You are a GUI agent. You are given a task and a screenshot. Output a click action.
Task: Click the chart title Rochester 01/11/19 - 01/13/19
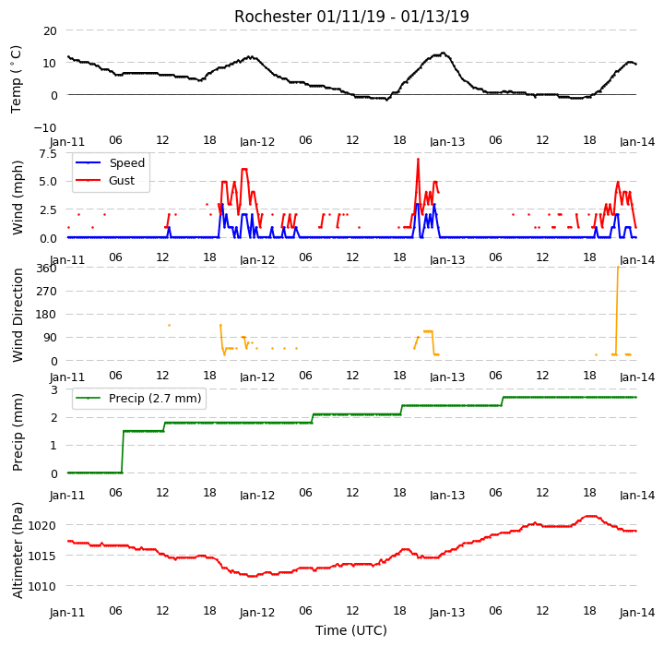tap(351, 17)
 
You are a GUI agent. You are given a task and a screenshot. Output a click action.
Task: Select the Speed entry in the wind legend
tap(127, 162)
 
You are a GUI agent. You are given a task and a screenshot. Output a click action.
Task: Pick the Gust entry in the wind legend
tap(122, 181)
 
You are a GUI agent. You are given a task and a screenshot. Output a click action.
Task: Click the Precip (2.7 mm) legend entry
tap(155, 399)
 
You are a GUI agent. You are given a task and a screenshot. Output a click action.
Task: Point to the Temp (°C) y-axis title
tap(16, 79)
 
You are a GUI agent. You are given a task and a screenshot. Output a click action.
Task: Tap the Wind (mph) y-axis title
tap(18, 197)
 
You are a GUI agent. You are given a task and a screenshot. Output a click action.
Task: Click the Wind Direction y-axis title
tap(18, 315)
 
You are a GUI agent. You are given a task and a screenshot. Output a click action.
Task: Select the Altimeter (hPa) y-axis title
tap(18, 550)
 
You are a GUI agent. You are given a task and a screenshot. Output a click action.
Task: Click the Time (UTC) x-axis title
tap(351, 630)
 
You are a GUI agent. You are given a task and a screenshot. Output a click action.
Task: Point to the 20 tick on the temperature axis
tap(50, 31)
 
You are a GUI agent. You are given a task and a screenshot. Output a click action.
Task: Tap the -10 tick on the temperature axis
tap(45, 127)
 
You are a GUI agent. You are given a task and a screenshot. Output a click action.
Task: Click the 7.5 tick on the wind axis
tap(48, 153)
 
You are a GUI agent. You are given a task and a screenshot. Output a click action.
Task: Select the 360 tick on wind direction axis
tap(47, 269)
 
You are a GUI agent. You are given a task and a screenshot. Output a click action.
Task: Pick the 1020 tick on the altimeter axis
tap(41, 526)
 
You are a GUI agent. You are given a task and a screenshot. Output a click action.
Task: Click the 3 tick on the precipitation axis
tap(54, 389)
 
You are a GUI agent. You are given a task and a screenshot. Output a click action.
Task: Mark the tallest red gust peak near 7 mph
tap(418, 160)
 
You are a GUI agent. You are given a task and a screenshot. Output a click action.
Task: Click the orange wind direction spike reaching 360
tap(617, 310)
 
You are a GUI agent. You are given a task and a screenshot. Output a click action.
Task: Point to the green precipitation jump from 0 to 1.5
tap(123, 452)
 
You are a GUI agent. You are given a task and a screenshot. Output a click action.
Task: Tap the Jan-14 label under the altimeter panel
tap(637, 613)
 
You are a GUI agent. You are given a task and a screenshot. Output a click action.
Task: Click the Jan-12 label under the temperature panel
tap(257, 141)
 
